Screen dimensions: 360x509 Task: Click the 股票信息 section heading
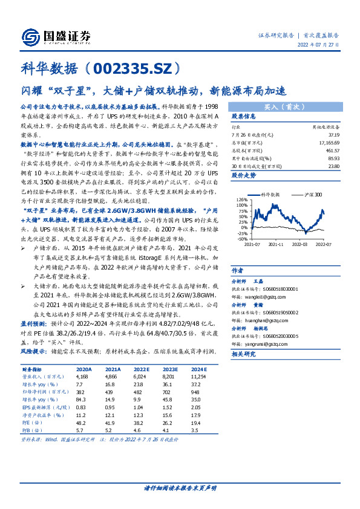[x=243, y=116]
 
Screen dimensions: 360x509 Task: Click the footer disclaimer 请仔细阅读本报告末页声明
[x=180, y=487]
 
